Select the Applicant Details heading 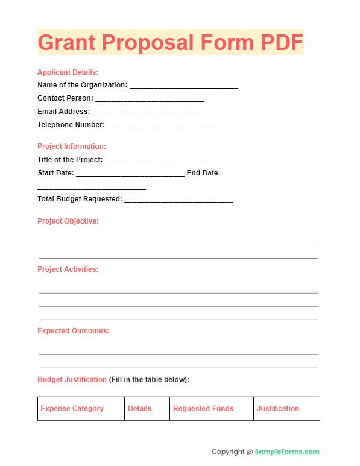[68, 72]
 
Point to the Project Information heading [72, 146]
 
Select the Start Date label [55, 174]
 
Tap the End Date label [203, 174]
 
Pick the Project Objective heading [68, 221]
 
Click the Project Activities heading [68, 269]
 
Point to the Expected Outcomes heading [74, 331]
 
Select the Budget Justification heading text [72, 380]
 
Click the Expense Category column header [72, 409]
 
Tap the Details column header [140, 409]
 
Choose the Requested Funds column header [203, 409]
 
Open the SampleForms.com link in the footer [287, 452]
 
